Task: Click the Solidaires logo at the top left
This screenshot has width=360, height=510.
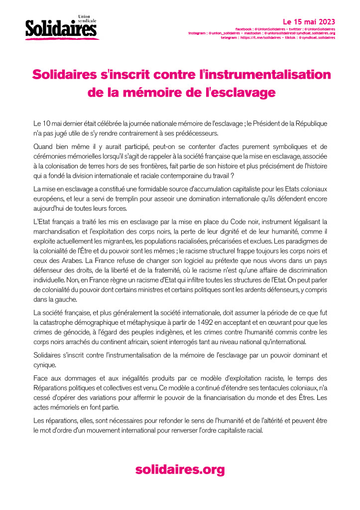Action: coord(61,28)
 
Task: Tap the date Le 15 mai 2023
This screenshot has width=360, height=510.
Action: coord(309,22)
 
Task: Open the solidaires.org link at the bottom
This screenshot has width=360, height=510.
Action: coord(180,469)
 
